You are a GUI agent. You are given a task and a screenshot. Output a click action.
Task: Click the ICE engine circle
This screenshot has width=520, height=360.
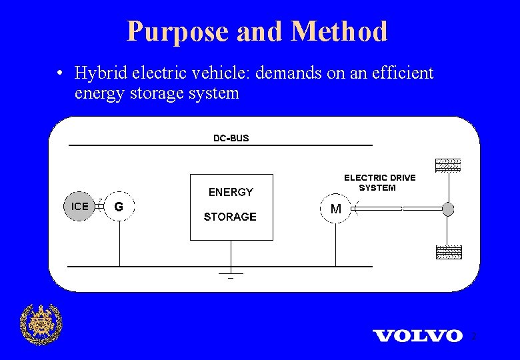[79, 207]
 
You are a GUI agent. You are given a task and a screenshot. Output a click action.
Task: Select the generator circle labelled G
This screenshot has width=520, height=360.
[119, 207]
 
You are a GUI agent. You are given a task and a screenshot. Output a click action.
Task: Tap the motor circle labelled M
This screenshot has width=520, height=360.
[336, 209]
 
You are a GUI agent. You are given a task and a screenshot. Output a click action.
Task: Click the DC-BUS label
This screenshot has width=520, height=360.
[231, 138]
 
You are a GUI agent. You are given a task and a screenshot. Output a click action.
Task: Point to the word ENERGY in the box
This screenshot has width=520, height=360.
[231, 192]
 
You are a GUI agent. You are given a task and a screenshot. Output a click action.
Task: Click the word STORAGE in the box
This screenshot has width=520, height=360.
[230, 217]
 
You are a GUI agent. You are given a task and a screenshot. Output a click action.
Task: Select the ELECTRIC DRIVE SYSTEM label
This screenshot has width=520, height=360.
[379, 183]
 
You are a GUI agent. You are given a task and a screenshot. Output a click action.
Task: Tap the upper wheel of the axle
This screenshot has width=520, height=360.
[448, 166]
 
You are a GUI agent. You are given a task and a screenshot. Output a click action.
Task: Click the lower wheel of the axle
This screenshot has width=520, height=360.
[448, 252]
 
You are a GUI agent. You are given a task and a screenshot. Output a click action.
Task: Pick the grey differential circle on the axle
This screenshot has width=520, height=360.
[448, 209]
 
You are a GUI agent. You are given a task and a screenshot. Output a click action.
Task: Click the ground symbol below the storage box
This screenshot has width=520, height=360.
[231, 274]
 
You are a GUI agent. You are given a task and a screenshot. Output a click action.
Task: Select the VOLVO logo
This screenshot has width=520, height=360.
[417, 335]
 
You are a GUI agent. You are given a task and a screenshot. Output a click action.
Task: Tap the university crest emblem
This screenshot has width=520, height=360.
[41, 324]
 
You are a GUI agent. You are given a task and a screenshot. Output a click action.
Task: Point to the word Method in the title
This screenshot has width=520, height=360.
[339, 31]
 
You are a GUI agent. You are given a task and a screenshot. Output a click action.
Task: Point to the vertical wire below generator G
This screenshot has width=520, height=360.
[119, 243]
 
